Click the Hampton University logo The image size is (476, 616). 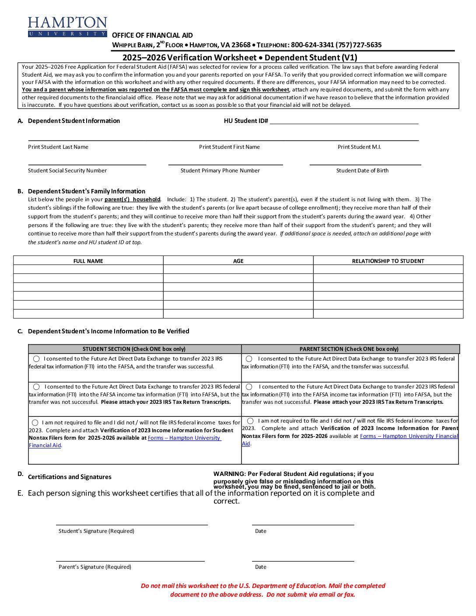click(x=67, y=27)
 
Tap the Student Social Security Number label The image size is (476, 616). click(x=67, y=171)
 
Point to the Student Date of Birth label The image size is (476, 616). click(x=362, y=171)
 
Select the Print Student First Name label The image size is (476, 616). click(x=229, y=147)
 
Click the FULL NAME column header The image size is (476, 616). click(x=88, y=261)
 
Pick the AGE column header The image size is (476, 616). click(x=238, y=261)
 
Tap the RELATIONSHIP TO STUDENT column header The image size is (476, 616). click(x=388, y=261)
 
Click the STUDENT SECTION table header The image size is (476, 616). click(x=134, y=349)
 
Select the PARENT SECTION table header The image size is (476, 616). click(x=349, y=349)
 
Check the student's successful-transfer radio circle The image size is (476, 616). click(x=36, y=359)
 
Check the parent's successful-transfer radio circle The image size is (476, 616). click(x=249, y=359)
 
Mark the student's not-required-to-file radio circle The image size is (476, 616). click(x=35, y=423)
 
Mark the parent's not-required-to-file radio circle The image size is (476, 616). click(x=250, y=421)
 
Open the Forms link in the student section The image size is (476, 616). click(x=184, y=438)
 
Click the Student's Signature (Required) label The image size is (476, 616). click(x=96, y=531)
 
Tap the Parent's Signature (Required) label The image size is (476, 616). click(x=95, y=567)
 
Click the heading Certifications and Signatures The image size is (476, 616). click(x=70, y=477)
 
